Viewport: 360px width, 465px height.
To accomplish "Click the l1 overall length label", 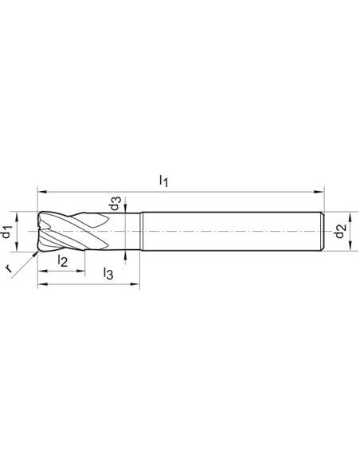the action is pyautogui.click(x=164, y=181).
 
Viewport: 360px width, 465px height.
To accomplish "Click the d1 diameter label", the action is pyautogui.click(x=7, y=232).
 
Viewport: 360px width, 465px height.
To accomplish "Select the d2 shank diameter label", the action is pyautogui.click(x=340, y=231).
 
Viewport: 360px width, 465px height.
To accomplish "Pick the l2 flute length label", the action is pyautogui.click(x=63, y=260).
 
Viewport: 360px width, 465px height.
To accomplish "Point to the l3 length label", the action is pyautogui.click(x=108, y=273).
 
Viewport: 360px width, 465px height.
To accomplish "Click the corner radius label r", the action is pyautogui.click(x=10, y=268).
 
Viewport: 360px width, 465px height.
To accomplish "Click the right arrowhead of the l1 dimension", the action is pyautogui.click(x=319, y=192).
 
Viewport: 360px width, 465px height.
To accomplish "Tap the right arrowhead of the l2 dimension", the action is pyautogui.click(x=80, y=271).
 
